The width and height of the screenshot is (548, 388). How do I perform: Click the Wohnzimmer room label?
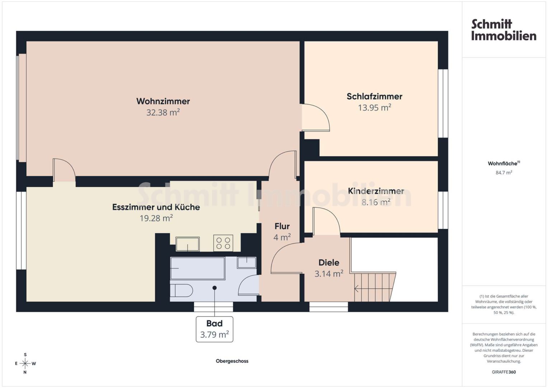pos(163,101)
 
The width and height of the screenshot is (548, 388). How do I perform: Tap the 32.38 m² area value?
pos(163,112)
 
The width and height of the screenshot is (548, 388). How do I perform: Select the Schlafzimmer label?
pos(374,96)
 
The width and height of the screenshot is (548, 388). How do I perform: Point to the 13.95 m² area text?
pos(374,107)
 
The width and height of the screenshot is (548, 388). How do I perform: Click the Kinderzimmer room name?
pos(376,191)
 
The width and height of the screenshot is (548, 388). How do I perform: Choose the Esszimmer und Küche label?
pos(156,207)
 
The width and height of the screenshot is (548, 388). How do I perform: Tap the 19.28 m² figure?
pos(156,218)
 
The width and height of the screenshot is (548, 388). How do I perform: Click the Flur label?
pos(282,226)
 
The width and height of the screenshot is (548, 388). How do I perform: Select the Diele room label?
pos(329,263)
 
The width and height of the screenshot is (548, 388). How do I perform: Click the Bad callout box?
pos(214,329)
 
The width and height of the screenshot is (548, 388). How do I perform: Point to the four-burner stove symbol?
pos(223,243)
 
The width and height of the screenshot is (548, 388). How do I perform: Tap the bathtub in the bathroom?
pos(197,268)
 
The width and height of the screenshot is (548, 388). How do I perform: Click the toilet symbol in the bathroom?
pos(181,291)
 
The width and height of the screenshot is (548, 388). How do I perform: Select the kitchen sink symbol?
pos(187,244)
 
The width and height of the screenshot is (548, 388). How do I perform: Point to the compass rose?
pos(25,364)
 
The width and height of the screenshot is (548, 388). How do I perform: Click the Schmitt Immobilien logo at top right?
pos(504,30)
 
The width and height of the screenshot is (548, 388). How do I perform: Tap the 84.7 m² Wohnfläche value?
pos(504,173)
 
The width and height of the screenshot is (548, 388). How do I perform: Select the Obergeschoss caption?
pos(232,361)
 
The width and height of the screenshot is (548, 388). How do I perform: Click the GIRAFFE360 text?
pos(504,372)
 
